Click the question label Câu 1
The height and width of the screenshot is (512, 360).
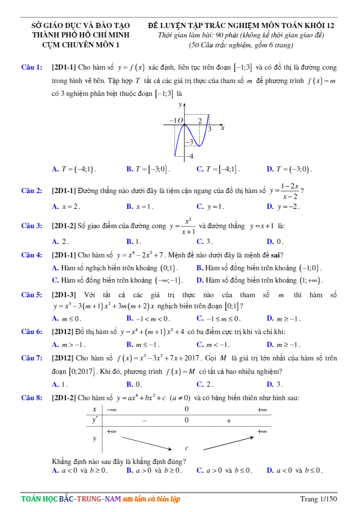(31, 67)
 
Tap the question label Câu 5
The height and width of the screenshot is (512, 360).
(31, 295)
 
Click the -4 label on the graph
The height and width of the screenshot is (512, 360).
(188, 156)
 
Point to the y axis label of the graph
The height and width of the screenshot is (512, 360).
(180, 104)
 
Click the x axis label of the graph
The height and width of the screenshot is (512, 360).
(222, 127)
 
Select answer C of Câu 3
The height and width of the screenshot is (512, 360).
(204, 241)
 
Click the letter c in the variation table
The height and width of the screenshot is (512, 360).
(187, 448)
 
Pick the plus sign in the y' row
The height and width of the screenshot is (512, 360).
(228, 420)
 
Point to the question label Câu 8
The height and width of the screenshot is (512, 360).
(31, 398)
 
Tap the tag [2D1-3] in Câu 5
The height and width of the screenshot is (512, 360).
(63, 295)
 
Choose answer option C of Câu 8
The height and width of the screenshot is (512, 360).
(224, 470)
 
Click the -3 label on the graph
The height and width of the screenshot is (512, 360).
(188, 142)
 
